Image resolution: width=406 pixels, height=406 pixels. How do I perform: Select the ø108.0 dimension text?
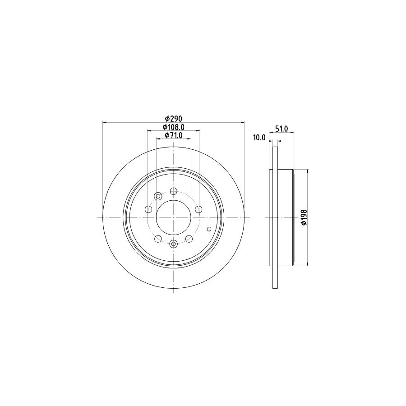click(174, 127)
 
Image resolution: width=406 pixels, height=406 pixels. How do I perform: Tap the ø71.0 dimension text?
click(174, 135)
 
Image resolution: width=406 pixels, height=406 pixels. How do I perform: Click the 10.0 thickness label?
click(259, 138)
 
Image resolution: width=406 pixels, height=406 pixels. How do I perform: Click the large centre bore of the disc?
click(174, 217)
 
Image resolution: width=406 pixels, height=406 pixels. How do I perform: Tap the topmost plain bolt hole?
click(174, 191)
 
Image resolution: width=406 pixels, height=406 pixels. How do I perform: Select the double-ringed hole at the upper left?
click(158, 196)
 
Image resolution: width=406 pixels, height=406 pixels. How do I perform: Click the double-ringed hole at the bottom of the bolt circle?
click(174, 244)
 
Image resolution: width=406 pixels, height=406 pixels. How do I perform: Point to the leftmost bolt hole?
click(148, 209)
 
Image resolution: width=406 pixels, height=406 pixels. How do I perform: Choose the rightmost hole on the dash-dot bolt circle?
click(198, 209)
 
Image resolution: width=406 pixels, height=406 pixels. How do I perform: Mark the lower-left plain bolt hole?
click(158, 238)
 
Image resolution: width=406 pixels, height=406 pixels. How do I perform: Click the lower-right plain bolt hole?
click(189, 238)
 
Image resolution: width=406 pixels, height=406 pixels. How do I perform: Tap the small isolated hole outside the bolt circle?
click(208, 228)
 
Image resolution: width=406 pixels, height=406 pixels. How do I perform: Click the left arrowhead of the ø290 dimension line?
click(105, 122)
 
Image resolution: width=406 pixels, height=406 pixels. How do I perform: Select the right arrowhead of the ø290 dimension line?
click(242, 122)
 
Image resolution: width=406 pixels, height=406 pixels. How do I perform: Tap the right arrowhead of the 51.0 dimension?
click(293, 132)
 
